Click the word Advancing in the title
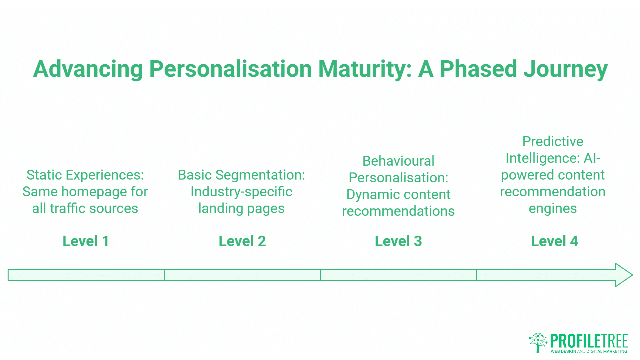pyautogui.click(x=88, y=69)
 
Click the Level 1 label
pyautogui.click(x=86, y=241)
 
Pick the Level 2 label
pyautogui.click(x=242, y=241)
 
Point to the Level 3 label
pyautogui.click(x=398, y=241)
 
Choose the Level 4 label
pyautogui.click(x=554, y=241)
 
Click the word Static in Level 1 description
pyautogui.click(x=44, y=175)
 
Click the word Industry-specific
pyautogui.click(x=241, y=192)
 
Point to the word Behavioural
pyautogui.click(x=398, y=161)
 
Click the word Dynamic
pyautogui.click(x=366, y=194)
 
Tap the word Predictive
pyautogui.click(x=553, y=141)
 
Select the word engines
pyautogui.click(x=553, y=209)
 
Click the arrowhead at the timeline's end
pyautogui.click(x=623, y=275)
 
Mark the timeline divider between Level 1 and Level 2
pyautogui.click(x=164, y=275)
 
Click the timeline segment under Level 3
pyautogui.click(x=398, y=275)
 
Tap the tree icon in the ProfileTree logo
pyautogui.click(x=538, y=342)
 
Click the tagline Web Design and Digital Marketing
pyautogui.click(x=589, y=351)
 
